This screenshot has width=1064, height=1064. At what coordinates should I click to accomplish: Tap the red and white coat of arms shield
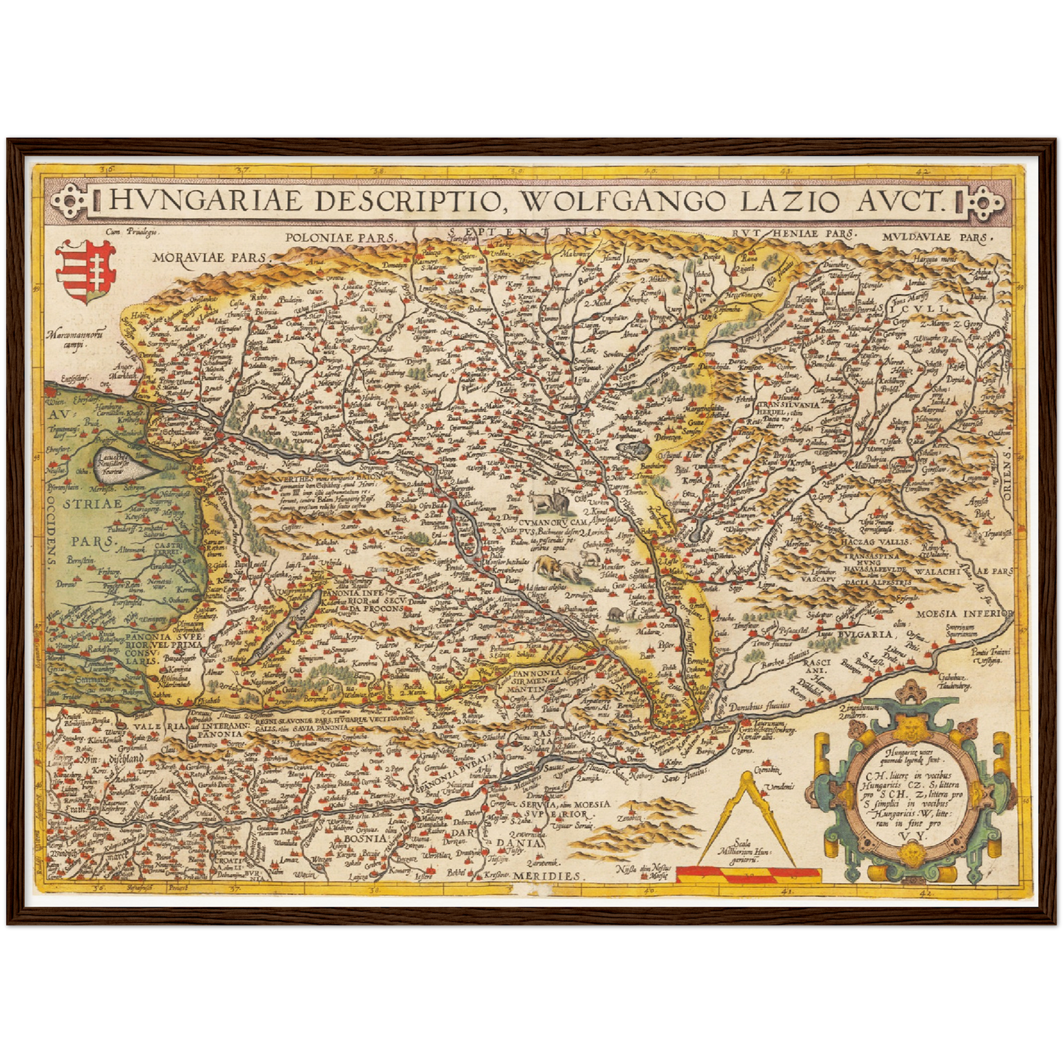pos(85,270)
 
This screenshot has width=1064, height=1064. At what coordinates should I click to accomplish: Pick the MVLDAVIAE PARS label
pos(936,238)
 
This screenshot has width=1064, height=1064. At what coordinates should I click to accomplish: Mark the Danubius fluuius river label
pos(758,705)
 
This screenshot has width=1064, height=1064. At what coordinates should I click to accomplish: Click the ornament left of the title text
pos(74,200)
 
